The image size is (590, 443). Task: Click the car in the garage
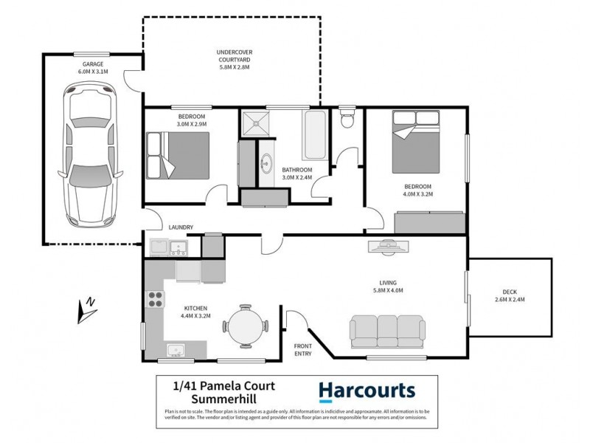[90, 153]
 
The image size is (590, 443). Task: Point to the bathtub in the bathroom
[314, 136]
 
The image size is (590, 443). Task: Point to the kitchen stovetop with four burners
[156, 299]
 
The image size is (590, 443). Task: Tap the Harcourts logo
[366, 391]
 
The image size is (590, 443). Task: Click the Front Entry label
[302, 350]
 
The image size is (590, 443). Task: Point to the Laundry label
[181, 227]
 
